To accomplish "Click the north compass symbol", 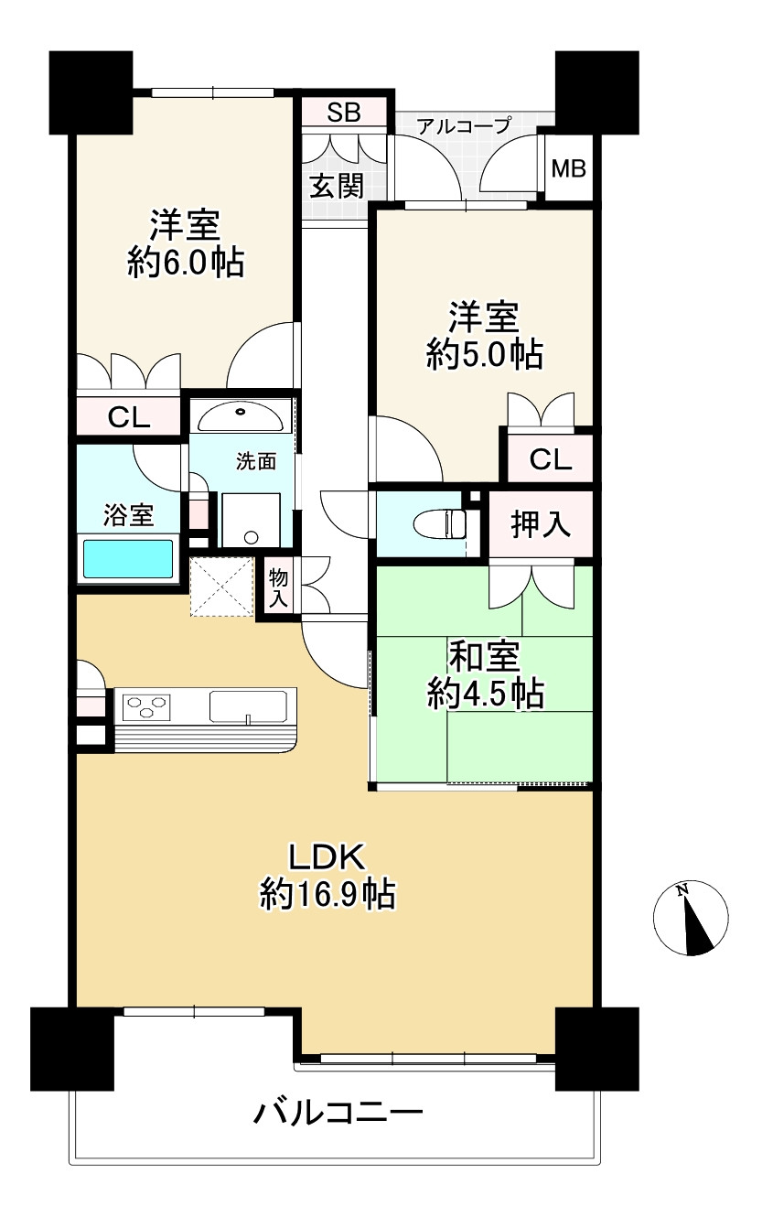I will tap(691, 918).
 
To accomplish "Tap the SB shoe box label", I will tap(344, 113).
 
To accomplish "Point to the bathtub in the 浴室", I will tap(128, 558).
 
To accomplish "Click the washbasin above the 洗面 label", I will tap(241, 416).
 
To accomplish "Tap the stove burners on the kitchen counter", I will tap(147, 705).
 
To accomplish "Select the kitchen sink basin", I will tap(248, 706).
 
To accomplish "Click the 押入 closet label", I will tap(541, 524).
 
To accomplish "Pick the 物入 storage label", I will tap(279, 588).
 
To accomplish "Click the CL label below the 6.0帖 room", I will tap(129, 417).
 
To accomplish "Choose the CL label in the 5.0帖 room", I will tap(551, 459).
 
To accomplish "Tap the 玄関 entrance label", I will tap(336, 186).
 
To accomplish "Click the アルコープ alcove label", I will tap(463, 125).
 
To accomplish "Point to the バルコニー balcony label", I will tap(338, 1114).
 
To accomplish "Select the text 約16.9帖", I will tap(327, 893).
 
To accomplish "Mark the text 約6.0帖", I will tap(186, 264).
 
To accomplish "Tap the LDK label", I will tap(327, 856).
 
